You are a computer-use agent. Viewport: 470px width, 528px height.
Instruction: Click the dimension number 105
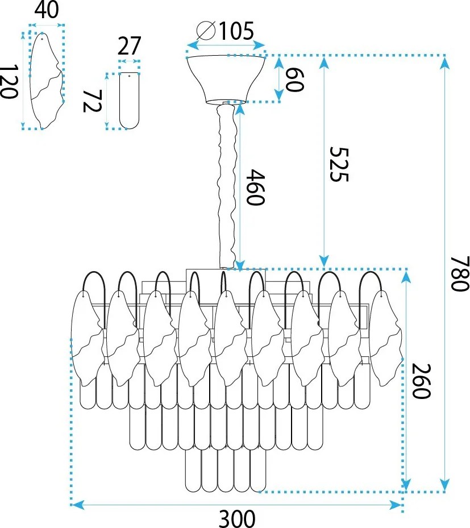pyautogui.click(x=236, y=31)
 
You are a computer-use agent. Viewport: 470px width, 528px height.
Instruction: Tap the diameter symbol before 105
pyautogui.click(x=206, y=31)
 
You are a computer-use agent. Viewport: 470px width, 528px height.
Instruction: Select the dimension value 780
pyautogui.click(x=460, y=273)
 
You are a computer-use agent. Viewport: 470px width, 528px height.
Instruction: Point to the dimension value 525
pyautogui.click(x=339, y=164)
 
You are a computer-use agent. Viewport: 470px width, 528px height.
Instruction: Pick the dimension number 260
pyautogui.click(x=421, y=381)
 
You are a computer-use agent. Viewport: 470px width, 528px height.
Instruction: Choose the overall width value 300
pyautogui.click(x=237, y=518)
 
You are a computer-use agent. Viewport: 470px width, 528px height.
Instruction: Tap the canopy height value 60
pyautogui.click(x=294, y=80)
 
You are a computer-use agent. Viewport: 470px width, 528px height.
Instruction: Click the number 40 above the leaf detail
pyautogui.click(x=47, y=10)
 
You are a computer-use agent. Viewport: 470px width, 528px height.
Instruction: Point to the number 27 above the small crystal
pyautogui.click(x=129, y=46)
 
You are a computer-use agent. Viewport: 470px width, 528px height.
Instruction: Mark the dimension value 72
pyautogui.click(x=91, y=101)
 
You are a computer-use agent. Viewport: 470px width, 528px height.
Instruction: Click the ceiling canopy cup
pyautogui.click(x=226, y=79)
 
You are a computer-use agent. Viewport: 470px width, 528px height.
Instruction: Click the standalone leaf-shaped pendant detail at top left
pyautogui.click(x=47, y=81)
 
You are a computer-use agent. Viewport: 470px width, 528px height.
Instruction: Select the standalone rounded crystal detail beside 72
pyautogui.click(x=129, y=101)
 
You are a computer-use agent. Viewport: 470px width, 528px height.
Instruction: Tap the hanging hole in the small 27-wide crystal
pyautogui.click(x=129, y=76)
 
